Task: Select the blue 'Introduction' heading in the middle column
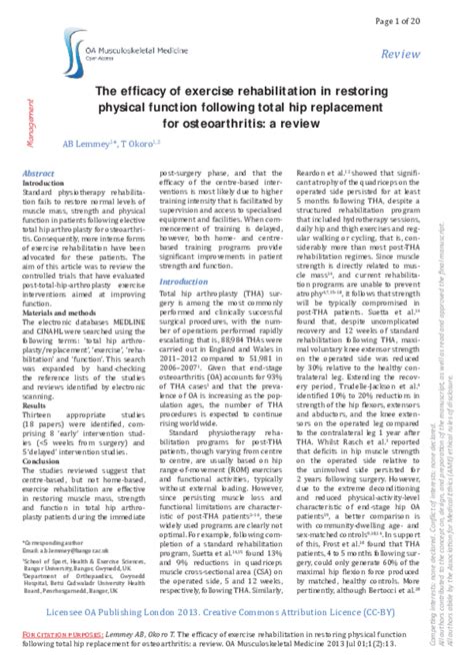click(x=177, y=255)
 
